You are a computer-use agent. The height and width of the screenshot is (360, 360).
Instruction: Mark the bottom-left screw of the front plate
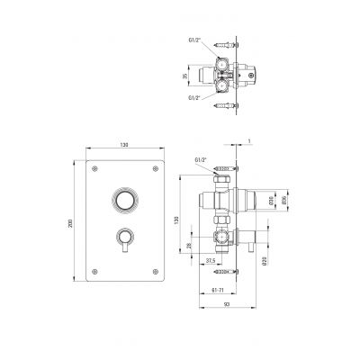coord(93,270)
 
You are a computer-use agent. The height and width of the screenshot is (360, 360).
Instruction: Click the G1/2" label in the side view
coord(200,160)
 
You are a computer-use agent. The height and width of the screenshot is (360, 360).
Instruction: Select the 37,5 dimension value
coord(209,263)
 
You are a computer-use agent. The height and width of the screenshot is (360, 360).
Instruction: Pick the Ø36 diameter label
coord(283,200)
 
